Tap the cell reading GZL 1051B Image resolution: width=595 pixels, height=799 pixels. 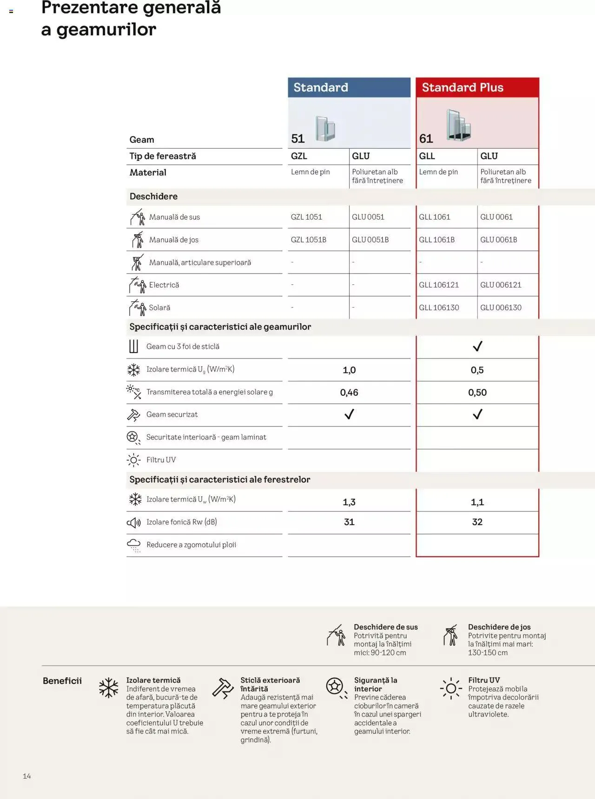click(309, 240)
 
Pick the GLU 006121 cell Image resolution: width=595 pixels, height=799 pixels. click(501, 285)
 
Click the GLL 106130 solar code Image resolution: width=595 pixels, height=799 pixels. click(439, 308)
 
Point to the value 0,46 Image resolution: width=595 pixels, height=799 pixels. click(349, 393)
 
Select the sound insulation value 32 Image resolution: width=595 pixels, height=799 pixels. click(477, 522)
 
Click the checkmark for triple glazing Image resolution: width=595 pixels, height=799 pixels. click(477, 347)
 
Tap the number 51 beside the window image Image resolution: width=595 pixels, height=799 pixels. click(298, 138)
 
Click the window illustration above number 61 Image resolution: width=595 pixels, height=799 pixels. click(459, 125)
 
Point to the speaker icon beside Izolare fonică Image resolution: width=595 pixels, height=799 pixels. click(134, 523)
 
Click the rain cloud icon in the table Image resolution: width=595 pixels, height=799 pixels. click(134, 545)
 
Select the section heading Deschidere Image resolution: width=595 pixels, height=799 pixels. click(153, 196)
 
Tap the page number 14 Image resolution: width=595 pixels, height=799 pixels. click(27, 776)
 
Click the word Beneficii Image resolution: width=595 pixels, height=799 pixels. click(62, 681)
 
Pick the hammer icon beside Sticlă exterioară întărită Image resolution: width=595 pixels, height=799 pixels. click(223, 688)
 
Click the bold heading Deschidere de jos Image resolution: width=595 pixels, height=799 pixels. click(499, 627)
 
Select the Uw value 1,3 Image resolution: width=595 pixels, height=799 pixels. click(349, 502)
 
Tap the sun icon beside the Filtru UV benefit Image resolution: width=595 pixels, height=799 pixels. click(451, 688)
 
